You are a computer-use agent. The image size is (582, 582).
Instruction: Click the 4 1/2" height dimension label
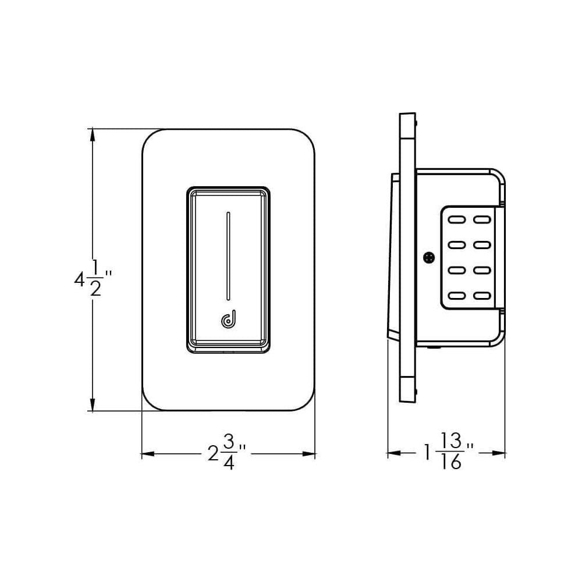[x=92, y=280]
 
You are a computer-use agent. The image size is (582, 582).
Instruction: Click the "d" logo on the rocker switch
[x=228, y=320]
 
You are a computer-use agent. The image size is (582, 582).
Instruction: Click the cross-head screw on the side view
[x=430, y=257]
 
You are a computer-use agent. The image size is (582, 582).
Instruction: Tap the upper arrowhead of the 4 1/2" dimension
[x=92, y=134]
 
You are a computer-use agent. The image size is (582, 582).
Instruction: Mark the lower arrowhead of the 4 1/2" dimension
[x=92, y=405]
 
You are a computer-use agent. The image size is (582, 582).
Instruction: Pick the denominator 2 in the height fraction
[x=95, y=290]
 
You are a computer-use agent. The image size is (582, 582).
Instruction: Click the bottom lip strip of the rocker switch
[x=228, y=347]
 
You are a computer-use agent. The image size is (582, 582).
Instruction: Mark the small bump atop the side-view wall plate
[x=418, y=122]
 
